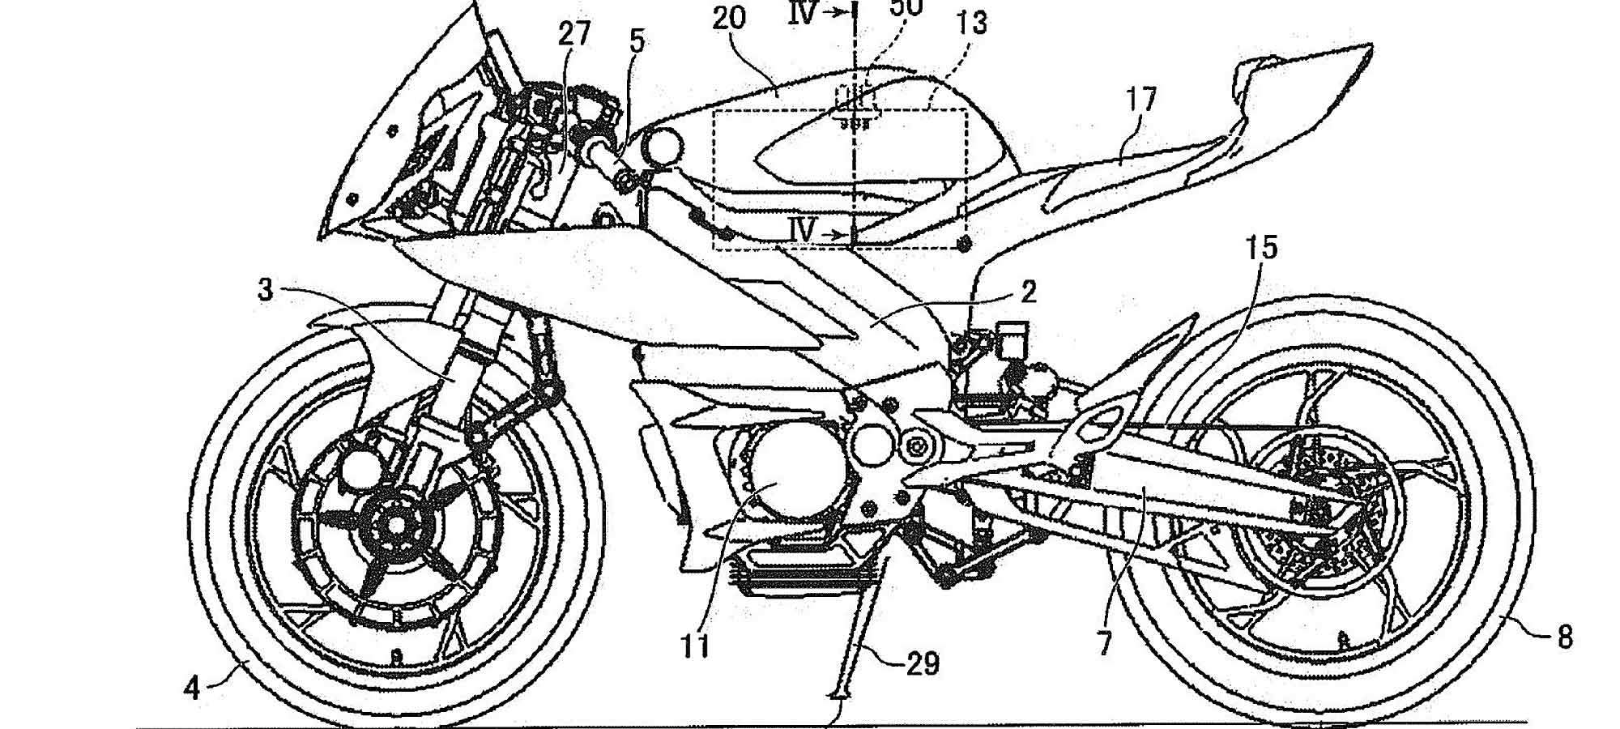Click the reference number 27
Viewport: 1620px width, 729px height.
575,35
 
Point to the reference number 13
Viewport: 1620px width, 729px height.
971,23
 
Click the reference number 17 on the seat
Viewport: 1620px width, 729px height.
1140,100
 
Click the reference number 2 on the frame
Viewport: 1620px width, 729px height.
1029,292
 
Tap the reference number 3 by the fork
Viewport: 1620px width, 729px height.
265,290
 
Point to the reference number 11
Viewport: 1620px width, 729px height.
695,646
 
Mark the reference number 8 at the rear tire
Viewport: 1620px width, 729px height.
1564,637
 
